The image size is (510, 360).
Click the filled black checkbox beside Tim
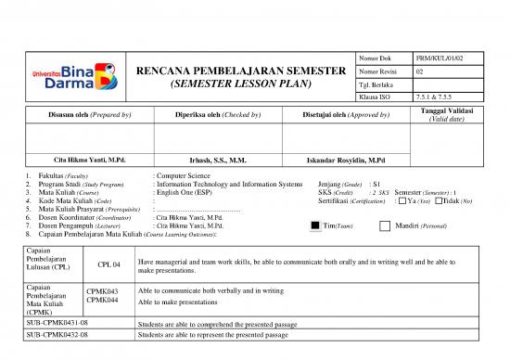click(316, 225)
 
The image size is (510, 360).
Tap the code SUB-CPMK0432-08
click(57, 334)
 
